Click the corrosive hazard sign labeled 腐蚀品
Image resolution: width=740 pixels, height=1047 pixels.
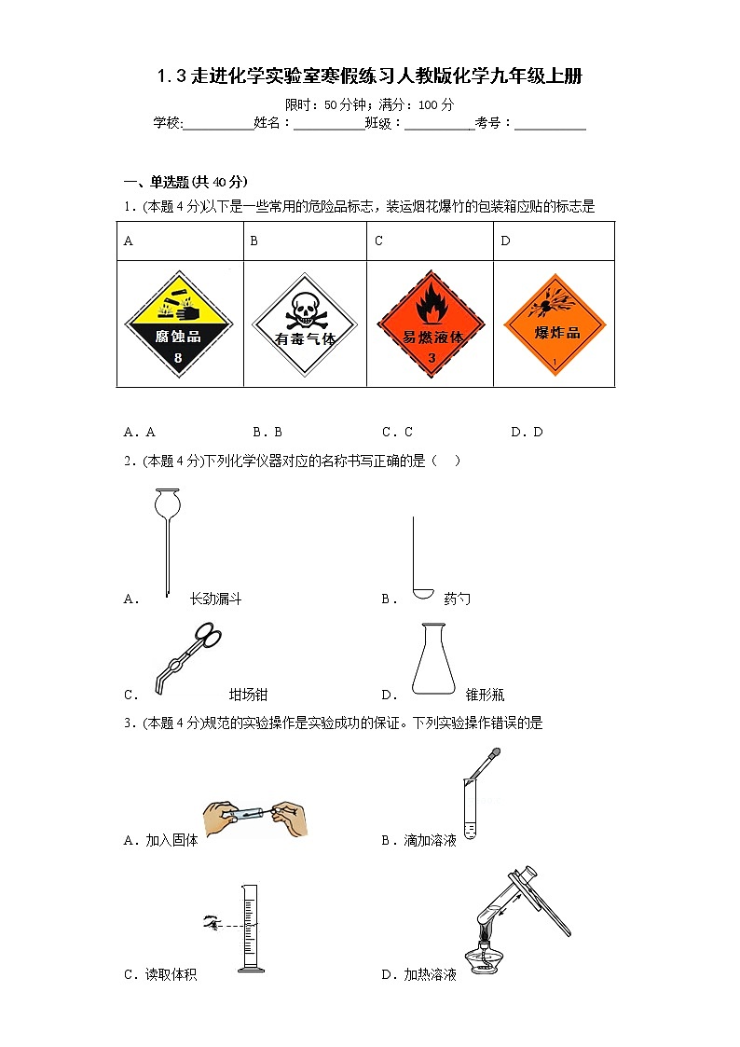(178, 324)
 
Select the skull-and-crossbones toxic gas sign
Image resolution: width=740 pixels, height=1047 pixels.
(305, 324)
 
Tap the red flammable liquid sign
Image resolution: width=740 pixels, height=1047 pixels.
(432, 324)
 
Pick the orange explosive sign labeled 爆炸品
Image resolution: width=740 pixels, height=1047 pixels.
(555, 324)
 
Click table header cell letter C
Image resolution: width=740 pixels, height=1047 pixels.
(379, 241)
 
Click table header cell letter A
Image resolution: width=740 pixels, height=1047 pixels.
(129, 241)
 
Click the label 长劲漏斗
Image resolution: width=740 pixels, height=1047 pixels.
(215, 599)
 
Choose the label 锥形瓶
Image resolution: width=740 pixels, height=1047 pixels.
(485, 695)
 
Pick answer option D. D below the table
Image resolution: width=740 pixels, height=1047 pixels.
(527, 432)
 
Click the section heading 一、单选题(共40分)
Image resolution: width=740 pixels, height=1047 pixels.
(186, 182)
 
